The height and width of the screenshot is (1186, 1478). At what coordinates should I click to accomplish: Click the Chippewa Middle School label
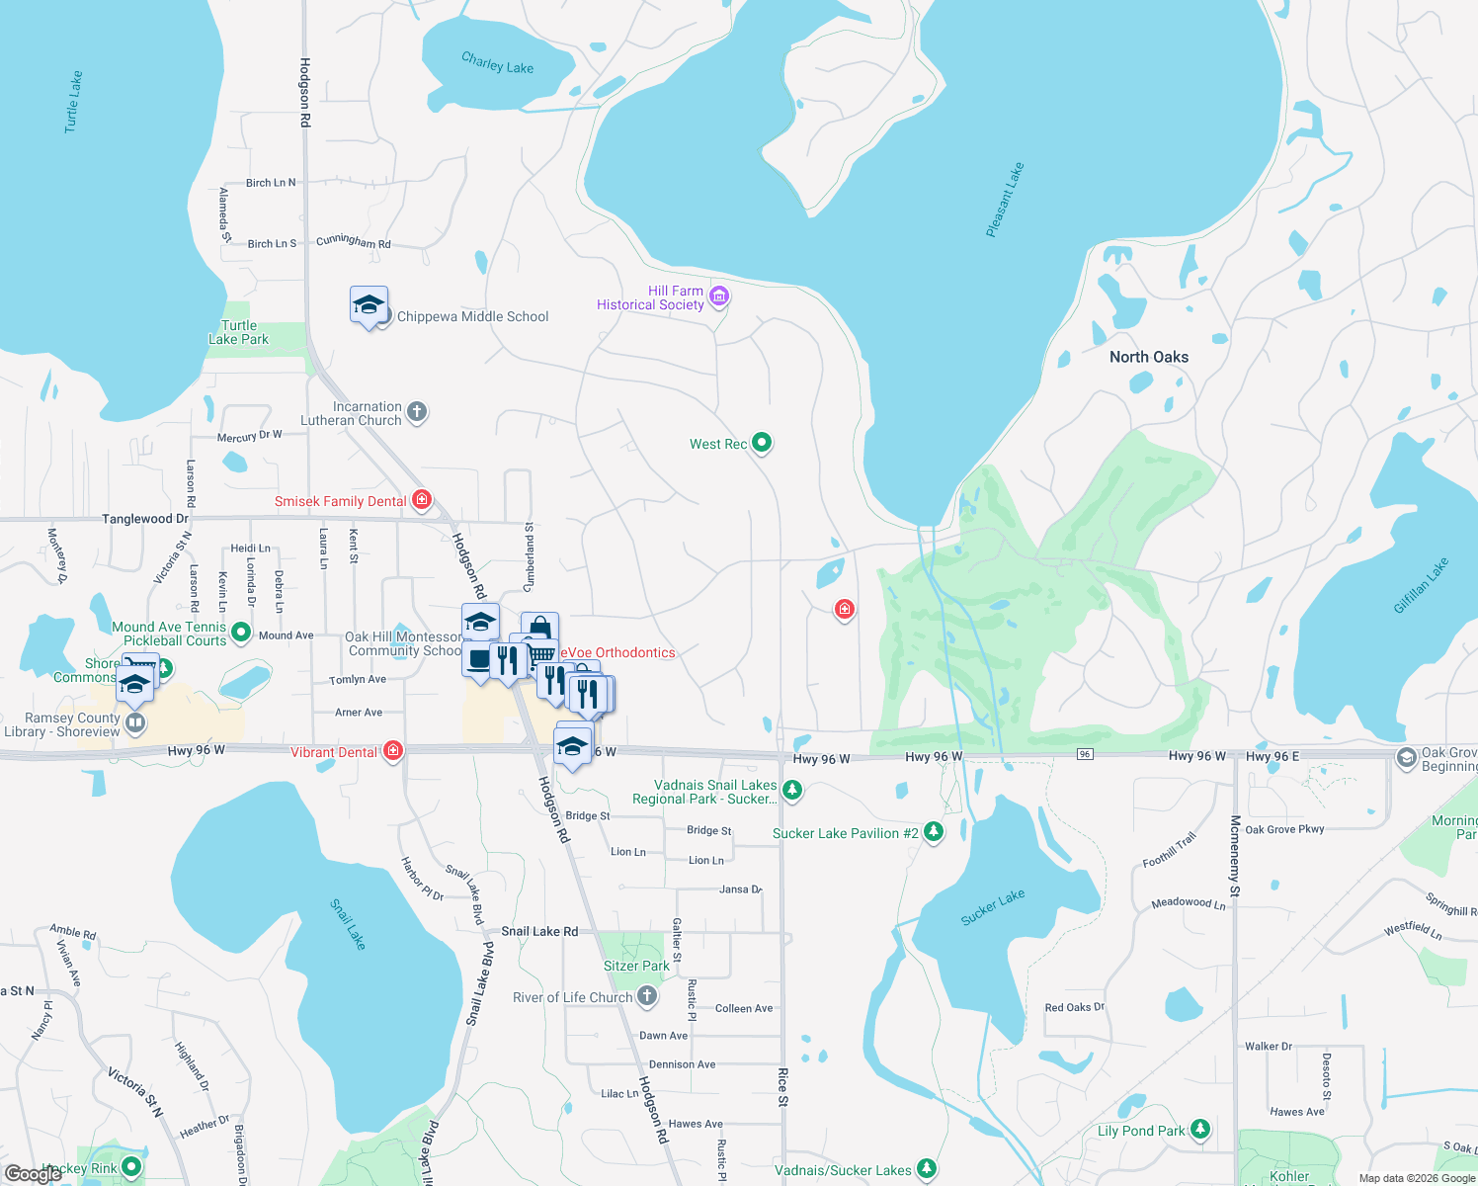pos(472,317)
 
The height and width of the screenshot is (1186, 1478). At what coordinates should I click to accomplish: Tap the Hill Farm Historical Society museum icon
pos(719,296)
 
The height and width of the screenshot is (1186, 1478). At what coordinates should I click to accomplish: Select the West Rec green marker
pos(762,443)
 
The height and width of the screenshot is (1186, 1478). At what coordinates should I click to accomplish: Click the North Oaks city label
pos(1149,358)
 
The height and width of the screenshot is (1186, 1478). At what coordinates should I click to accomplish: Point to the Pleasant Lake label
pos(1005,201)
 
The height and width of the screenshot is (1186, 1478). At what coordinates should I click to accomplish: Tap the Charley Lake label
pos(497,64)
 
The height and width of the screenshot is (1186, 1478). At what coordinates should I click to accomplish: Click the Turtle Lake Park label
pos(239,333)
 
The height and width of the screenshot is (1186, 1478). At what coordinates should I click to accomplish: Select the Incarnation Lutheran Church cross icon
pos(417,412)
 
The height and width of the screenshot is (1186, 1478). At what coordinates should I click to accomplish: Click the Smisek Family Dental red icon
pos(422,500)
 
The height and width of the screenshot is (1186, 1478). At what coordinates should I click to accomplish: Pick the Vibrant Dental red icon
pos(393,752)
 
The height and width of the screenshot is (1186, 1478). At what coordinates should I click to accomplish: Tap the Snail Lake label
pos(348,924)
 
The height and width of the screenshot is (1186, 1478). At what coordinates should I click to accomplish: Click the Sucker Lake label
pos(993,907)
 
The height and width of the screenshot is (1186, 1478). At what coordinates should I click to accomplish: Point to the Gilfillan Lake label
pos(1421,586)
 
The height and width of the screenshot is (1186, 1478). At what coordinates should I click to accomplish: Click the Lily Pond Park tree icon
pos(1200,1130)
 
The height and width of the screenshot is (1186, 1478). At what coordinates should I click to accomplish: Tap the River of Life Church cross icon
pos(647,996)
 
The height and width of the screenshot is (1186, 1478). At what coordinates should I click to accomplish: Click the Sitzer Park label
pos(636,966)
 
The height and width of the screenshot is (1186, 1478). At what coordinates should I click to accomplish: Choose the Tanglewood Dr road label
pos(145,519)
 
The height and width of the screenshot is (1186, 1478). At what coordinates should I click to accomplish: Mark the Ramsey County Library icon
pos(135,723)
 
